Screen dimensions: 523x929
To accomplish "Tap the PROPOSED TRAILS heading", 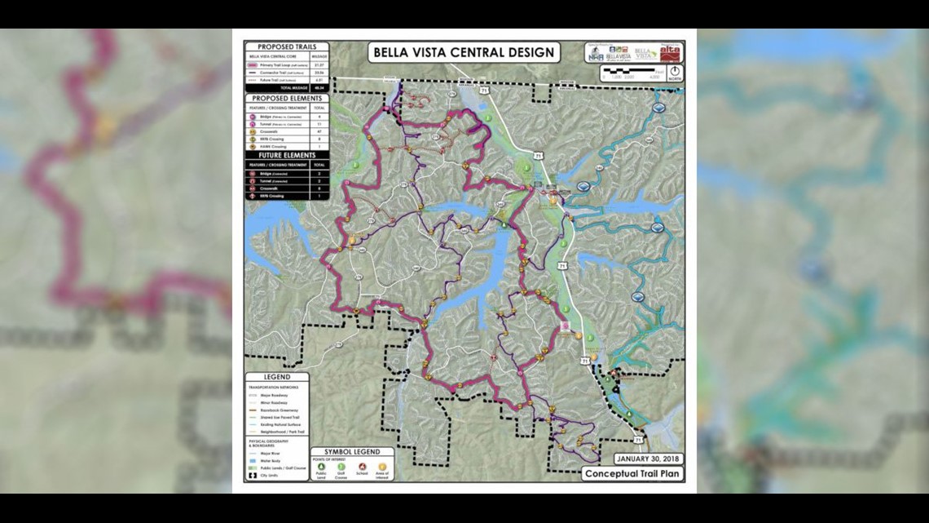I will tap(287, 47).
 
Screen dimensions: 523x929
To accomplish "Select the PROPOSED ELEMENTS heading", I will tap(287, 98).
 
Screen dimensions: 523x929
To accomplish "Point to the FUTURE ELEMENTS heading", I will tap(287, 154).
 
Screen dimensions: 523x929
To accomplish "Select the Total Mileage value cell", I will tap(319, 87).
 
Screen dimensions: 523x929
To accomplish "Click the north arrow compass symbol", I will tap(674, 72).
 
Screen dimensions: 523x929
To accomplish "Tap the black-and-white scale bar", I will tap(632, 72).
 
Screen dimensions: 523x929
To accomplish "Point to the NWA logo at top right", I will tap(596, 55).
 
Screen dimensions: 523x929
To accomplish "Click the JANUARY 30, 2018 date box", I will tap(649, 458).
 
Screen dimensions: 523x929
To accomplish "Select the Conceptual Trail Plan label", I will tap(632, 473).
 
